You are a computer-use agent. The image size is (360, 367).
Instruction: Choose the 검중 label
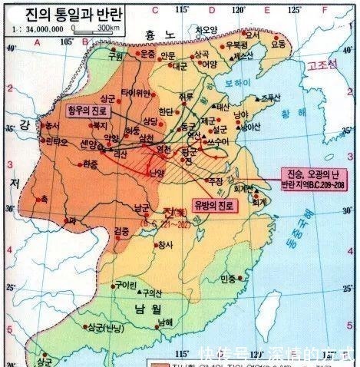[x=121, y=231]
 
